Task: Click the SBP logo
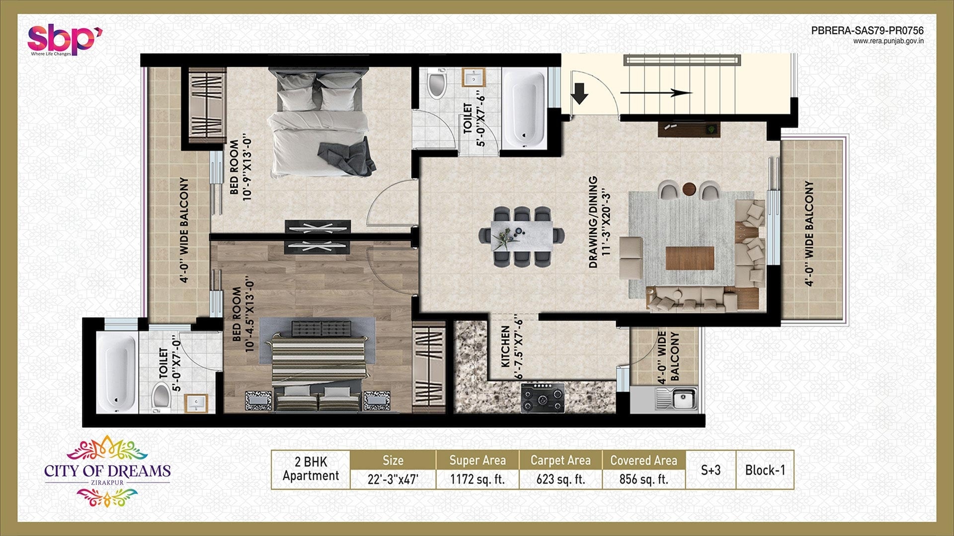(65, 40)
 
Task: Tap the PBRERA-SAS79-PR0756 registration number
(867, 31)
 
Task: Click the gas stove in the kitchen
(543, 397)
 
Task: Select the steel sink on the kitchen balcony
(682, 398)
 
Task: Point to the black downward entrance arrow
(579, 93)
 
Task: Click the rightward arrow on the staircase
(656, 93)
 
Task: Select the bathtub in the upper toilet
(525, 108)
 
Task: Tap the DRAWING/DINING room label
(599, 222)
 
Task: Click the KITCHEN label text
(505, 346)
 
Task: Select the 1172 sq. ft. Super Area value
(477, 479)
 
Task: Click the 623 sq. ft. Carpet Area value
(560, 479)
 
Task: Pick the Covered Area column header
(643, 461)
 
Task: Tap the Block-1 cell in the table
(765, 470)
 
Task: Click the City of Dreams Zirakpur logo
(107, 470)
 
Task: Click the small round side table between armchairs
(689, 189)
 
